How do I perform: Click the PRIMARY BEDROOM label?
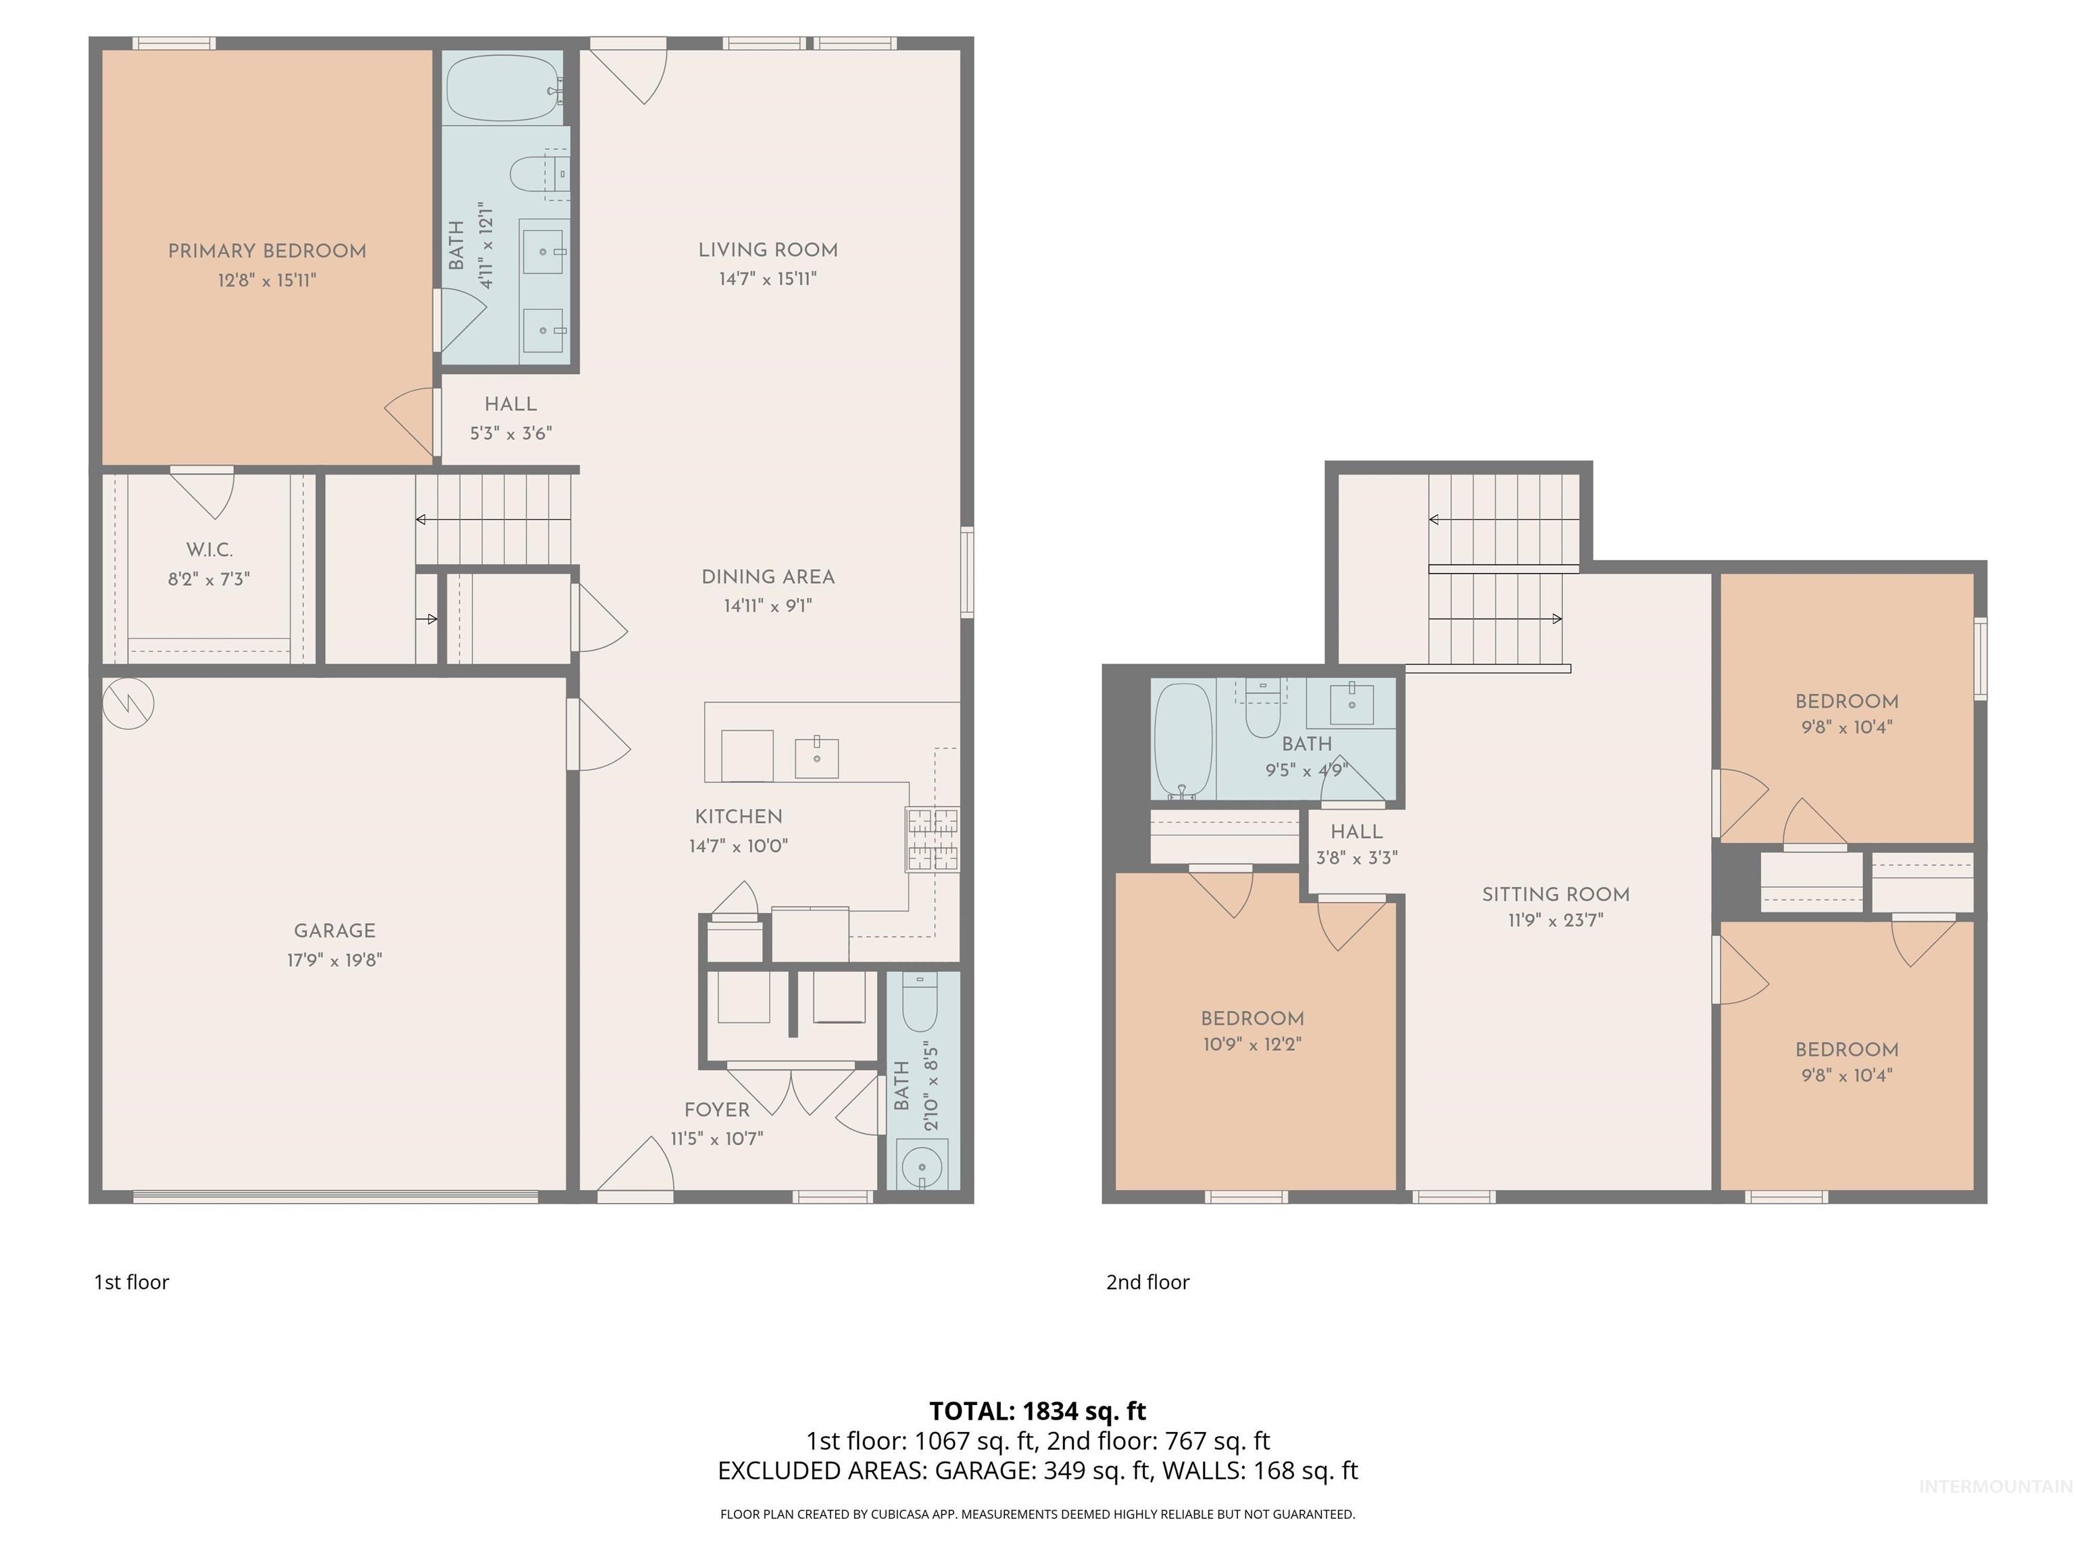[266, 251]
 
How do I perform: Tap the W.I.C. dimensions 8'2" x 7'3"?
[208, 579]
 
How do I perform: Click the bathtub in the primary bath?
[502, 87]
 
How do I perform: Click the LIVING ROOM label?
[768, 249]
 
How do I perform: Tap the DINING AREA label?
[768, 576]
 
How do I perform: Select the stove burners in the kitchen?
[932, 839]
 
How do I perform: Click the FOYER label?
[716, 1110]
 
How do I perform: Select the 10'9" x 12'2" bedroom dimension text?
[1252, 1043]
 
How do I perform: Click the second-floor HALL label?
[1356, 831]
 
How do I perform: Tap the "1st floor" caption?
[131, 1282]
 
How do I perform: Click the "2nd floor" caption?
[1147, 1282]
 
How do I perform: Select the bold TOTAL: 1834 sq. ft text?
[1037, 1410]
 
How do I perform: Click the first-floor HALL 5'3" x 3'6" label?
[511, 418]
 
